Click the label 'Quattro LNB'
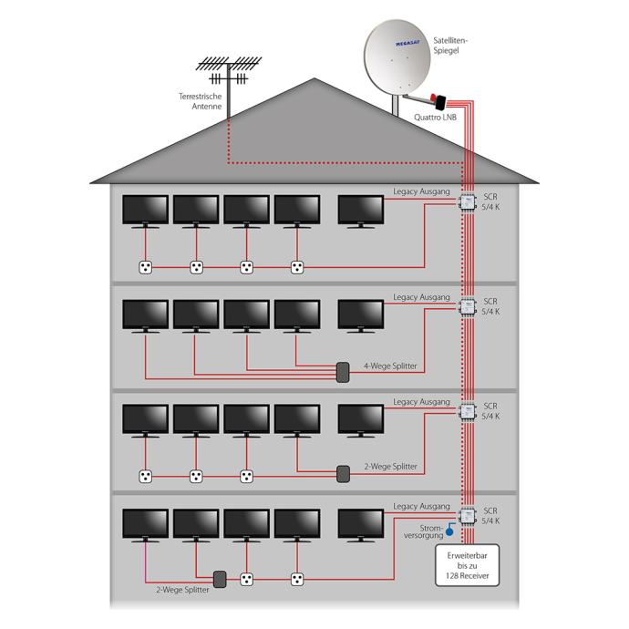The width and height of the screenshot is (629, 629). click(434, 117)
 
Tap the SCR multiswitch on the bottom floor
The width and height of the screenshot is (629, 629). click(468, 516)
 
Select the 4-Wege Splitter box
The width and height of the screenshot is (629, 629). click(343, 372)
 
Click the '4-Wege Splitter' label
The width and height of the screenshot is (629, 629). click(390, 366)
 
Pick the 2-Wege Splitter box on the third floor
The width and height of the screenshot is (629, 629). click(343, 474)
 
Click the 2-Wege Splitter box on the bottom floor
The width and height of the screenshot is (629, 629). click(220, 579)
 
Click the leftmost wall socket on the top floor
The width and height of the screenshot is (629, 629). click(144, 267)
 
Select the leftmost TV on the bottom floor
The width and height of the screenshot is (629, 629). click(145, 525)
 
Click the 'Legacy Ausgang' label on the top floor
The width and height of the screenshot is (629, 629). click(421, 193)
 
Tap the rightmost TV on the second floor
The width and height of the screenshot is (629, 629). click(361, 314)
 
